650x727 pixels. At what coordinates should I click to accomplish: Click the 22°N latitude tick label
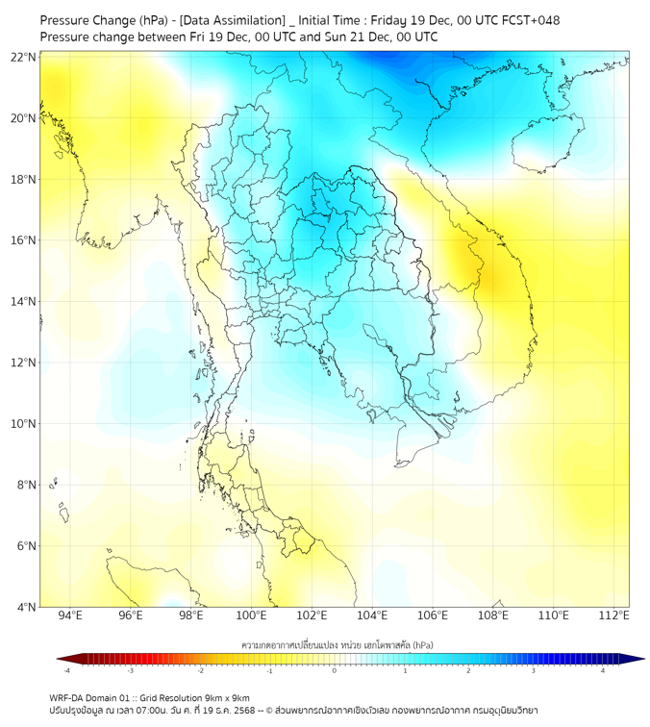24,57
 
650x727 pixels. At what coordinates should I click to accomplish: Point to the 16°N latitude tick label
24,240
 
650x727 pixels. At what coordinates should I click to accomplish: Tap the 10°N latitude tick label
24,424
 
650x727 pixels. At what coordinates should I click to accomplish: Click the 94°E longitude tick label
70,615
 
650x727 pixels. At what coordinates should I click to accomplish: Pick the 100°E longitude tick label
251,615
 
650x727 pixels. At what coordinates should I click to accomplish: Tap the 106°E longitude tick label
433,615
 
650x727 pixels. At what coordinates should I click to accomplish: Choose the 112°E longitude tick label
613,615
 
